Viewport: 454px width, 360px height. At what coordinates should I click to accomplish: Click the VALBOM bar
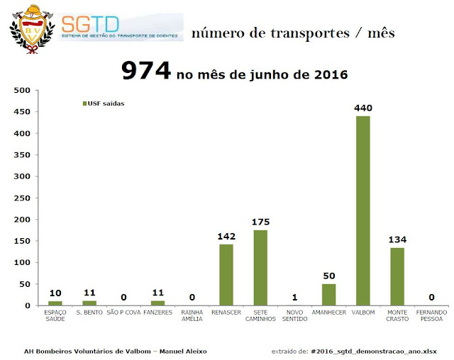click(x=362, y=210)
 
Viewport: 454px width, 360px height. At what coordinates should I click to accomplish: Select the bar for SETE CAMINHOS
click(x=260, y=268)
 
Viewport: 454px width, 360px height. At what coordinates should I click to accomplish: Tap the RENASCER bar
click(x=226, y=275)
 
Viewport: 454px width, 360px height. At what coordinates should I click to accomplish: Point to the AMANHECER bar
click(x=328, y=295)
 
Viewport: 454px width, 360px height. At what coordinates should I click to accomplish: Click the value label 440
click(x=363, y=108)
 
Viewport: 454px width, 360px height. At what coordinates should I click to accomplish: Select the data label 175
click(x=260, y=222)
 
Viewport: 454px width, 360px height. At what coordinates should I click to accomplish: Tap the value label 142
click(x=226, y=236)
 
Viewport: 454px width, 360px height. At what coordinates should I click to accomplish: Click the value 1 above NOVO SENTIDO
click(x=294, y=298)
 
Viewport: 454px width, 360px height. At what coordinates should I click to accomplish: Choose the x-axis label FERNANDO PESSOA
click(x=431, y=315)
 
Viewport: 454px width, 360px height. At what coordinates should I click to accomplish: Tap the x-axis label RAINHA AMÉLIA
click(x=192, y=315)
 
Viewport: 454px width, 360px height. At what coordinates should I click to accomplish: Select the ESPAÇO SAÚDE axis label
click(x=55, y=315)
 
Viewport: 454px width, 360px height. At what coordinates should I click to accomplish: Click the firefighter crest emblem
click(x=32, y=28)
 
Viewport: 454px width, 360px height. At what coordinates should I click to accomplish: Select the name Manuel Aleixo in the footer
click(x=187, y=351)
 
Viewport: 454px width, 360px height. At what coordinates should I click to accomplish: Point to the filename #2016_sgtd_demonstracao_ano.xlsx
click(x=377, y=351)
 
